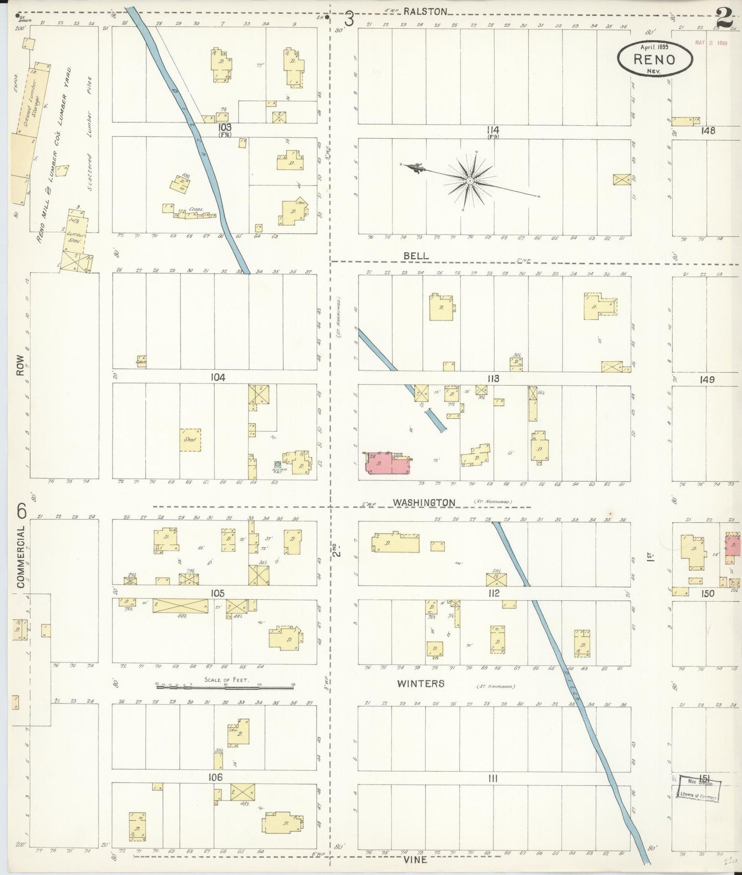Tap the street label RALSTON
click(426, 11)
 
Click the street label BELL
click(416, 255)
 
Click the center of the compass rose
click(469, 182)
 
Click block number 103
click(224, 127)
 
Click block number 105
click(217, 593)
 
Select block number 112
click(494, 593)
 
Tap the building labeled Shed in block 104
click(190, 440)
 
